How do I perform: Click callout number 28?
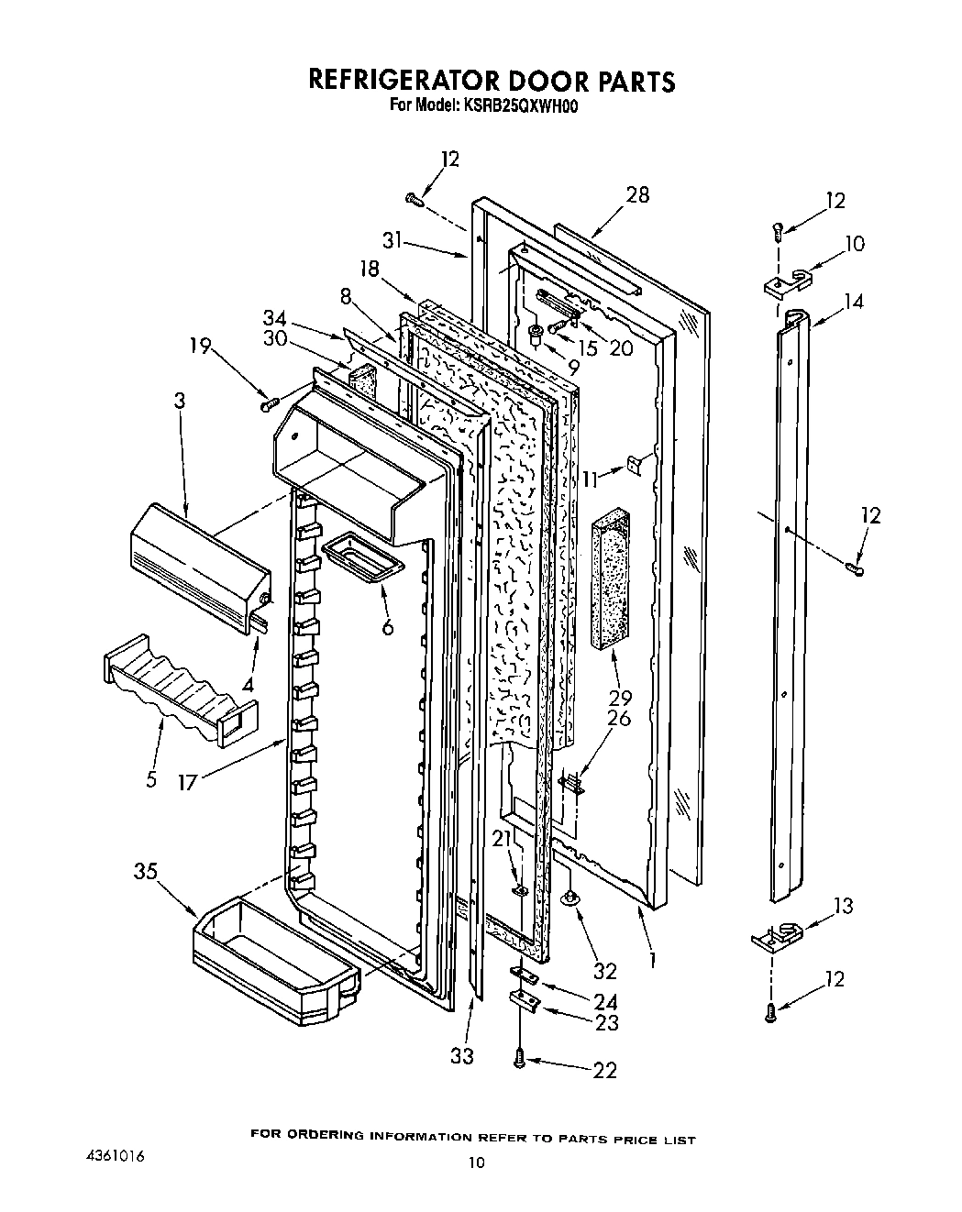coord(638,195)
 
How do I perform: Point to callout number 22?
coord(604,1069)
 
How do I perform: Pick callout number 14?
coord(854,301)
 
